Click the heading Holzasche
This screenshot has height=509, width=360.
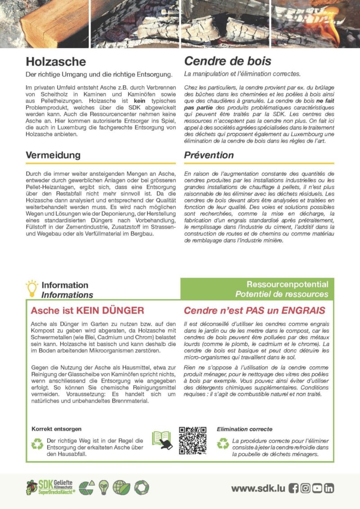click(55, 61)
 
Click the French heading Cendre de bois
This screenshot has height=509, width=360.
click(228, 61)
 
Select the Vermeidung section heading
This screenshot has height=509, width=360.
click(53, 155)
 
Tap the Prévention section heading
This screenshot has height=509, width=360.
click(209, 155)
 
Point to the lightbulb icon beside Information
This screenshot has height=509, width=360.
click(32, 288)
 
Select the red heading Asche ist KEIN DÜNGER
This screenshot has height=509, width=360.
click(87, 311)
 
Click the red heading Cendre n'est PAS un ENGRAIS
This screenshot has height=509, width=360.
click(255, 311)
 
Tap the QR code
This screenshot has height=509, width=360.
click(193, 441)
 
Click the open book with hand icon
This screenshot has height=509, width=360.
click(162, 440)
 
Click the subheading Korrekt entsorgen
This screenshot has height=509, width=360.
click(56, 429)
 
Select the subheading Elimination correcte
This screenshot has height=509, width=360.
click(244, 429)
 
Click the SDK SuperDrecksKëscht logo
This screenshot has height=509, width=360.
click(49, 487)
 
